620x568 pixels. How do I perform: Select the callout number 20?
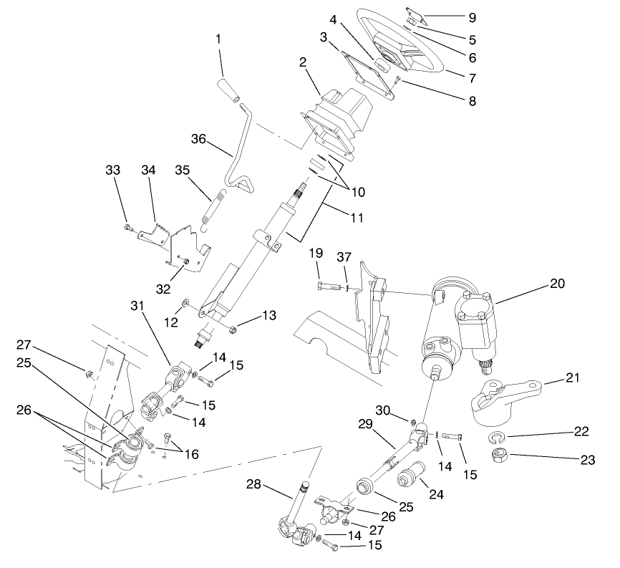pos(558,284)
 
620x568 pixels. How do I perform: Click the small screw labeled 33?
pos(128,228)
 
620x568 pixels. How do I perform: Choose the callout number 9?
pos(491,16)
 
